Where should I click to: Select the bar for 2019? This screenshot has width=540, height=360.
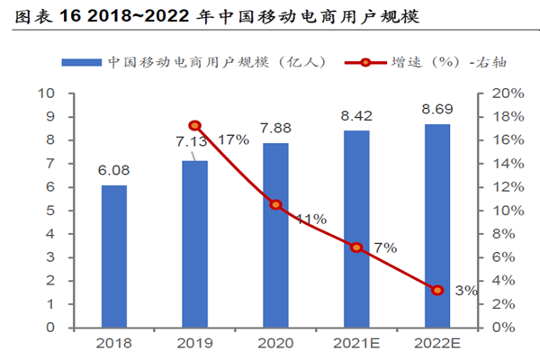194,243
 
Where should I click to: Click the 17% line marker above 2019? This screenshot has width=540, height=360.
194,126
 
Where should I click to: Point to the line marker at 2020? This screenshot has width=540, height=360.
275,205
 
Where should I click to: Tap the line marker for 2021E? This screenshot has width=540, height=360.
356,247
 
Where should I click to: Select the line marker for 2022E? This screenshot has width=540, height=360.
437,290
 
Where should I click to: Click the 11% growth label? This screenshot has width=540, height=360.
310,219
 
